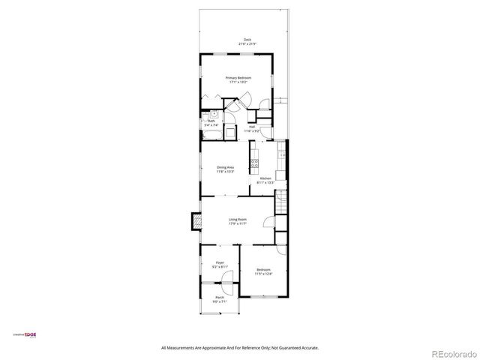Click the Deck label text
(247, 40)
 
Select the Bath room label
(211, 121)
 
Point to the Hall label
(253, 127)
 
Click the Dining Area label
(225, 167)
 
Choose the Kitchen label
(265, 178)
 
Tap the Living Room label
(238, 219)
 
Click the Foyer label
(220, 262)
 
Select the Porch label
(220, 297)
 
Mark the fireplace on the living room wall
(196, 222)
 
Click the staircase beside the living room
(281, 202)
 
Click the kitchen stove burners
(254, 160)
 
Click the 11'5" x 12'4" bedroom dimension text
(263, 274)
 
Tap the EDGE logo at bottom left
(28, 335)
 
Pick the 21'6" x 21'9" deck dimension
(247, 44)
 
